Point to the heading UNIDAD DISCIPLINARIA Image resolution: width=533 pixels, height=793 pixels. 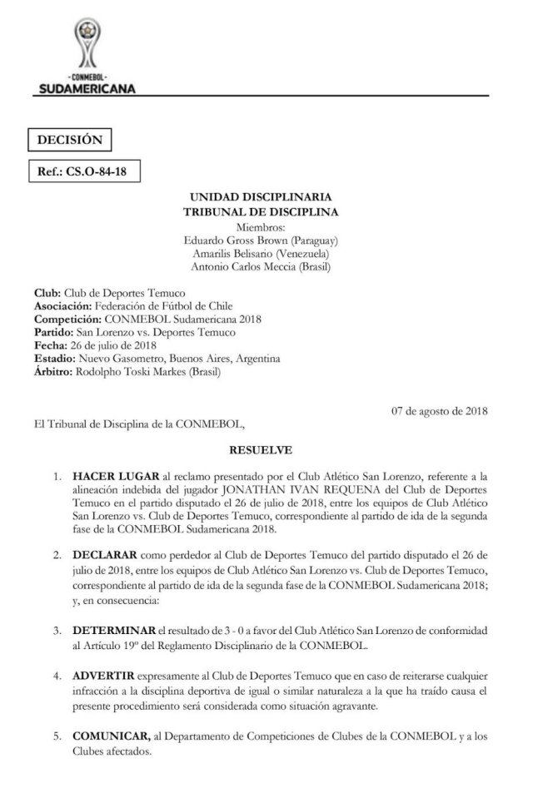pos(261,196)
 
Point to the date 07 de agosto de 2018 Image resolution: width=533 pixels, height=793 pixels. pos(440,411)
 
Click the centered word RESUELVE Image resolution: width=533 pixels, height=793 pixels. pos(261,450)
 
